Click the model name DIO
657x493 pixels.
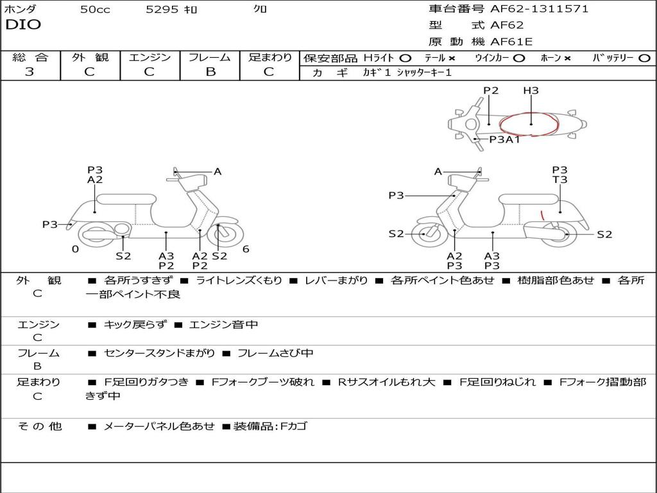pos(22,25)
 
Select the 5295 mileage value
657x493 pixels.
pos(163,10)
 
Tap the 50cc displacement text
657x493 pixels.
pos(95,10)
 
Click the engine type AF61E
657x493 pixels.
pos(511,42)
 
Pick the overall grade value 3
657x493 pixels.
pos(30,72)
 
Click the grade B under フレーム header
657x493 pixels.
pos(210,72)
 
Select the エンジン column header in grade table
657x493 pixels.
pos(149,57)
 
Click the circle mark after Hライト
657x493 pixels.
pos(405,58)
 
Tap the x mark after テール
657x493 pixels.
pos(452,58)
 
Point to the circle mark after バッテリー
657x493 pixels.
pos(644,58)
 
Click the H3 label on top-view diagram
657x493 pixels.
pos(531,91)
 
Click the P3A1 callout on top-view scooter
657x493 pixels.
pos(504,139)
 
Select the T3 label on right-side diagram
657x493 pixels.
pos(559,180)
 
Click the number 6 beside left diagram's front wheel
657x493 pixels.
pos(245,249)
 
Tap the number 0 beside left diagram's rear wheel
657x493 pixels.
pos(75,249)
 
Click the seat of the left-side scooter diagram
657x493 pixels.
pos(126,198)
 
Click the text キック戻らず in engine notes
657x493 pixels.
pos(135,325)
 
